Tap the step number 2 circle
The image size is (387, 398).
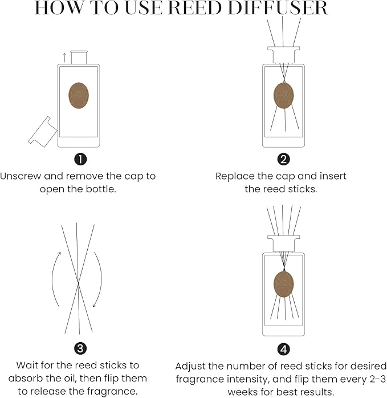click(x=284, y=159)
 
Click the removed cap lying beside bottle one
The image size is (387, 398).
click(x=41, y=131)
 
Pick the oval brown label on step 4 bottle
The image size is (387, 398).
click(x=284, y=283)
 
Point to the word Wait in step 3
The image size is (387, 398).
click(x=28, y=365)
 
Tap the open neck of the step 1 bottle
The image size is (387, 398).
click(x=79, y=56)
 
